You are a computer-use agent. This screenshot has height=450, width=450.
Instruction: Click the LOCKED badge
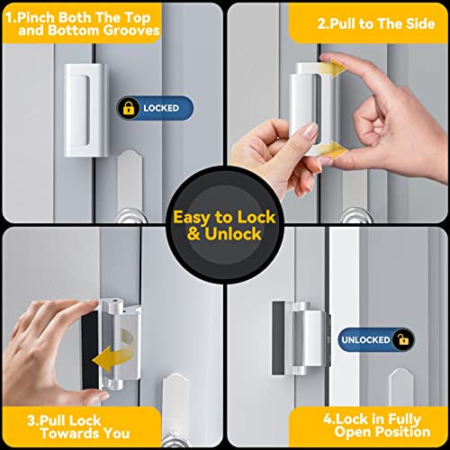tap(154, 108)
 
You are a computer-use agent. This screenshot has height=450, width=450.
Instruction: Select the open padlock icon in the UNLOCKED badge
tap(404, 339)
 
